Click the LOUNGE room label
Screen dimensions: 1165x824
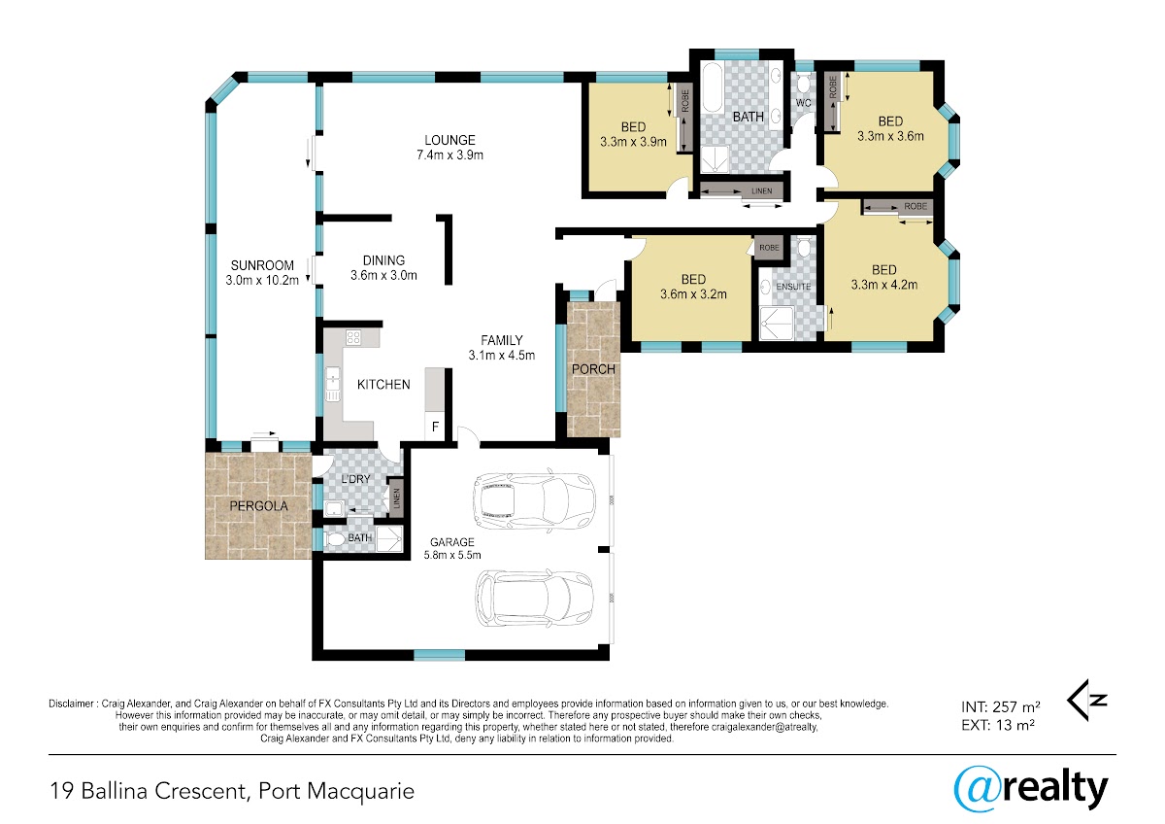pos(449,140)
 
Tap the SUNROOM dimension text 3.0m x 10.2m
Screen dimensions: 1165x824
pos(262,280)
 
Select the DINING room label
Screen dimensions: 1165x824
pos(383,260)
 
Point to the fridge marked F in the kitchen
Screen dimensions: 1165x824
pos(435,427)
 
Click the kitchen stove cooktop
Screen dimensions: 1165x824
pos(353,338)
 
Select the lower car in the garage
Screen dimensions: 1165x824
pos(534,598)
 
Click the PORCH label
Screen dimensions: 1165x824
pos(593,369)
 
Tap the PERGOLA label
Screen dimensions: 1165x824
pos(258,505)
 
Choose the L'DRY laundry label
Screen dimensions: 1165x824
pos(355,478)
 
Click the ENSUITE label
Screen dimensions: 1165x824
pos(793,287)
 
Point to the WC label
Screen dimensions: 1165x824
pos(804,103)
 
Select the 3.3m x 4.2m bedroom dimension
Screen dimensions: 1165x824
pos(884,285)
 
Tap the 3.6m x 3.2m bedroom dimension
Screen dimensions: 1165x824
pos(693,294)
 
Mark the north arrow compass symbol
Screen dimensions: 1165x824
pos(1086,701)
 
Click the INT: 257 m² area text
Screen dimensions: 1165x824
pos(1001,706)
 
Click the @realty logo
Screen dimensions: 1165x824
pos(1031,790)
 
